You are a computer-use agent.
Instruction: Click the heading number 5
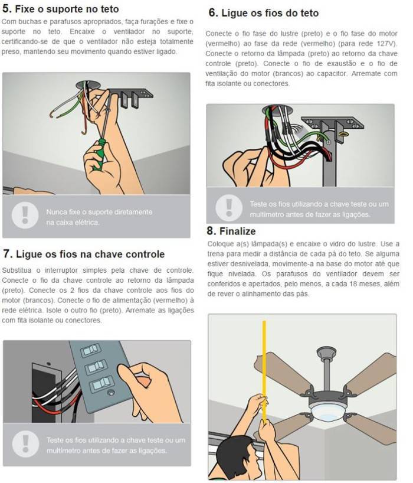[6, 9]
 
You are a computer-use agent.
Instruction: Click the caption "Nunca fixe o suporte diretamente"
[99, 211]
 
